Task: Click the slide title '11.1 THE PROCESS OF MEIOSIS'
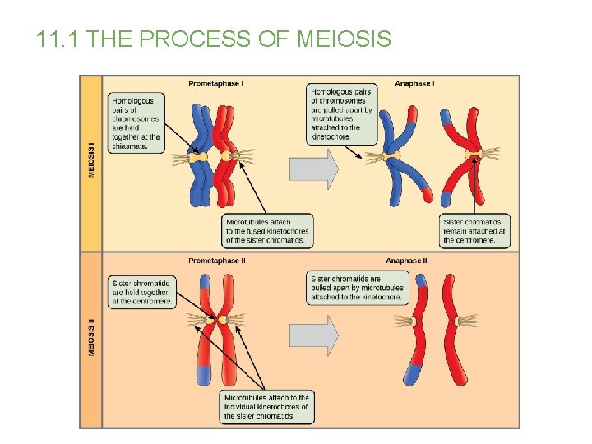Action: point(214,39)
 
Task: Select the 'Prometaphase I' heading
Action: point(216,83)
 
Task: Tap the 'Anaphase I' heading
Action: point(415,83)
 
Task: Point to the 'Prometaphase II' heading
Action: point(217,261)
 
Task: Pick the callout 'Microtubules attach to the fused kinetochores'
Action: point(268,231)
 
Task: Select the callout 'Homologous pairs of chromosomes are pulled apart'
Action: point(342,114)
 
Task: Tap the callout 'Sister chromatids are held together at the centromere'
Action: point(141,292)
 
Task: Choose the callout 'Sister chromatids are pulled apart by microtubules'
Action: point(358,288)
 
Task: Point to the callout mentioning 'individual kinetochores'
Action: point(268,407)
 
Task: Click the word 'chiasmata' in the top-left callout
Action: point(130,146)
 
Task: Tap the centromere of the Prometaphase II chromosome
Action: point(221,320)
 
